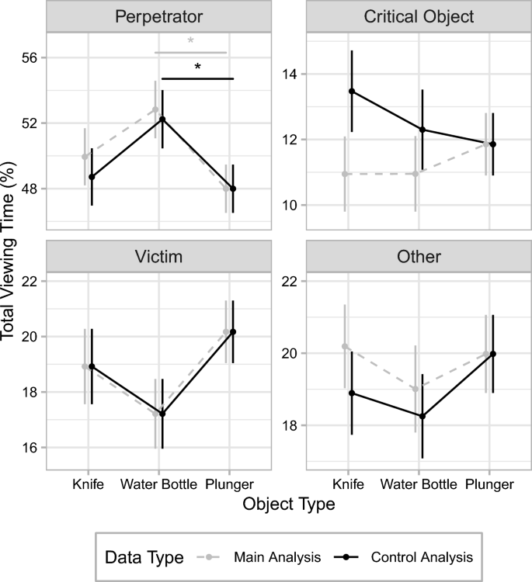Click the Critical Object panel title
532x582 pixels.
pyautogui.click(x=419, y=16)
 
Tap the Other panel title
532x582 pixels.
pyautogui.click(x=419, y=256)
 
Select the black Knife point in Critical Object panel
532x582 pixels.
pyautogui.click(x=352, y=91)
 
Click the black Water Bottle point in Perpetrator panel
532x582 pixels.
pyautogui.click(x=162, y=119)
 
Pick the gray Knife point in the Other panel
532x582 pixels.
pyautogui.click(x=345, y=346)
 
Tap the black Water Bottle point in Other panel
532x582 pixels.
pyautogui.click(x=422, y=416)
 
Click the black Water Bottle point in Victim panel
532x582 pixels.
pyautogui.click(x=162, y=414)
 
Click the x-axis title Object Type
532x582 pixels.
pyautogui.click(x=288, y=504)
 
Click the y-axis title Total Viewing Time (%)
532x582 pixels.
pyautogui.click(x=11, y=251)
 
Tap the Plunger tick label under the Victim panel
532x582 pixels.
pyautogui.click(x=230, y=484)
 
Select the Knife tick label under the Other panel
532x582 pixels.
pyautogui.click(x=348, y=484)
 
